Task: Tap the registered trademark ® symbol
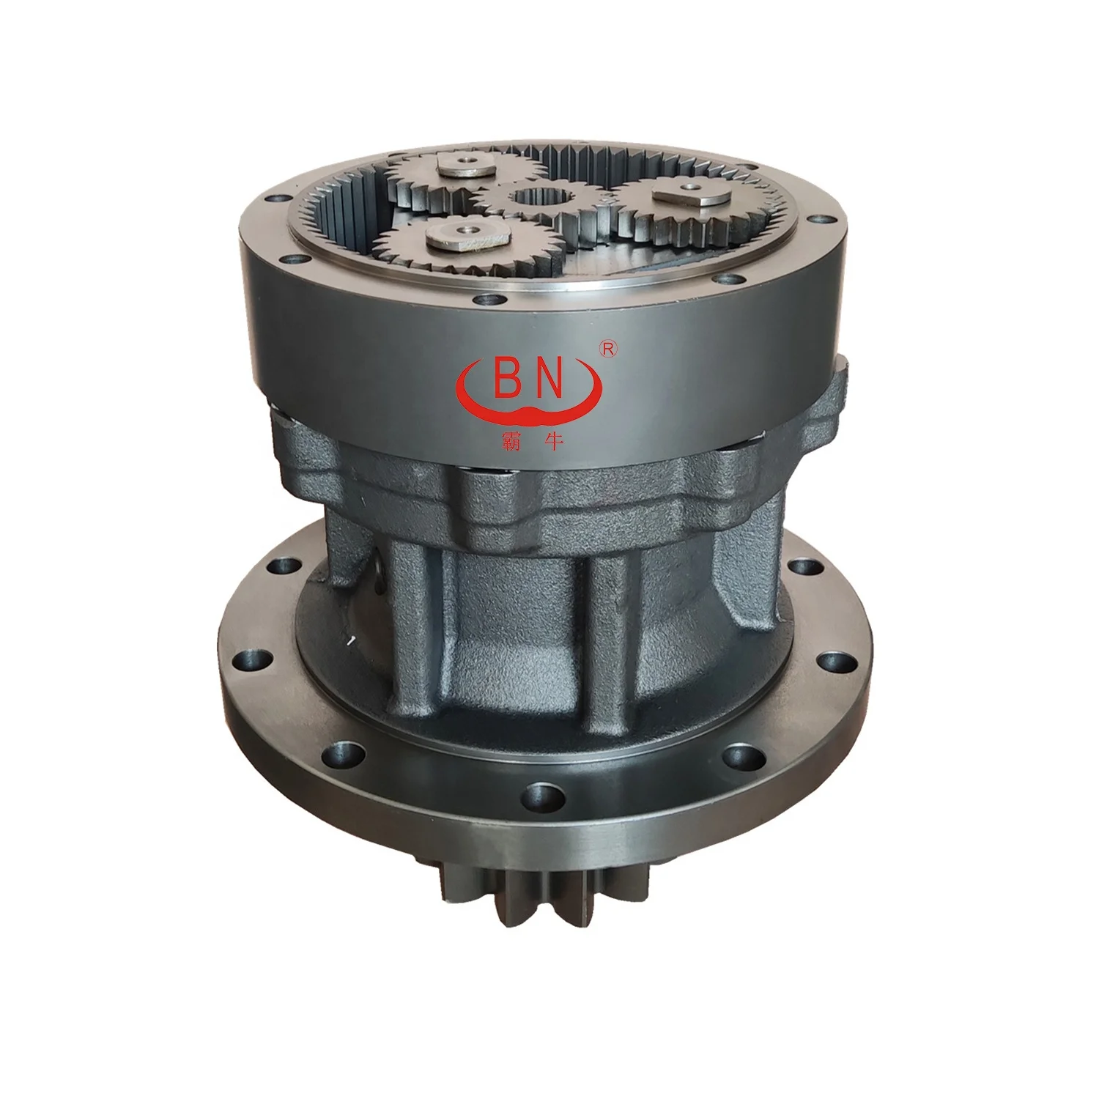click(x=607, y=349)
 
